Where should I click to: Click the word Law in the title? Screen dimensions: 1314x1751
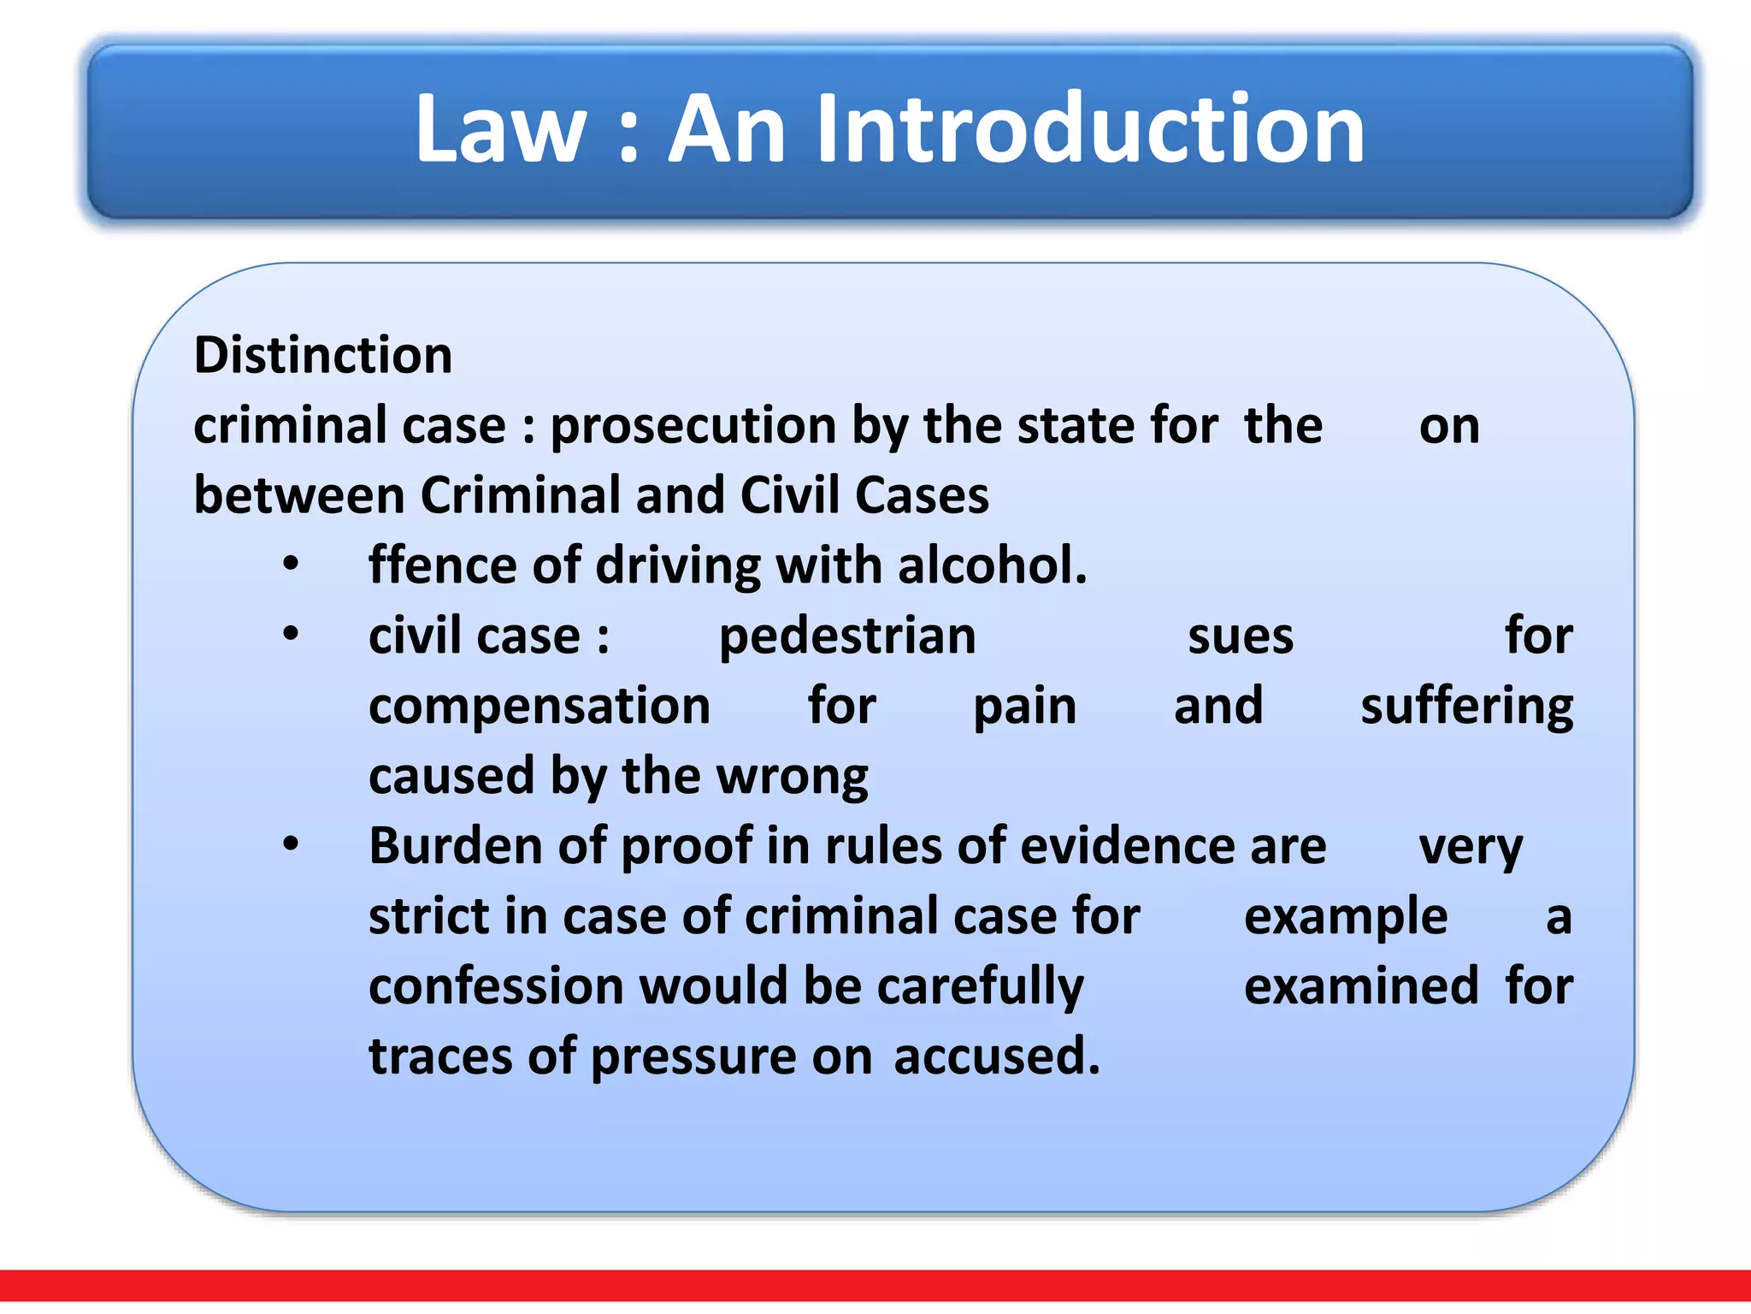coord(500,129)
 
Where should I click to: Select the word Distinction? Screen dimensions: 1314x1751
coord(323,355)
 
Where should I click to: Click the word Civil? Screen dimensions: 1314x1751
coord(790,495)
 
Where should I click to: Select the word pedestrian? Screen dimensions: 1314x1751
coord(847,636)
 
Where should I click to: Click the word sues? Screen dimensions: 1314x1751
coord(1241,636)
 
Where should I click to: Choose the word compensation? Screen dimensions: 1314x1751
coord(539,707)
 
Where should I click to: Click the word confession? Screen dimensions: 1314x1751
coord(496,986)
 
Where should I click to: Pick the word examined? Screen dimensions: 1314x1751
coord(1361,986)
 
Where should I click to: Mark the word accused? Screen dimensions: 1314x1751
coord(997,1057)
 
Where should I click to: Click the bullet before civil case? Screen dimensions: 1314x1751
coord(292,635)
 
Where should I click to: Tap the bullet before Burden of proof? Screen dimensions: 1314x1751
coord(292,844)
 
